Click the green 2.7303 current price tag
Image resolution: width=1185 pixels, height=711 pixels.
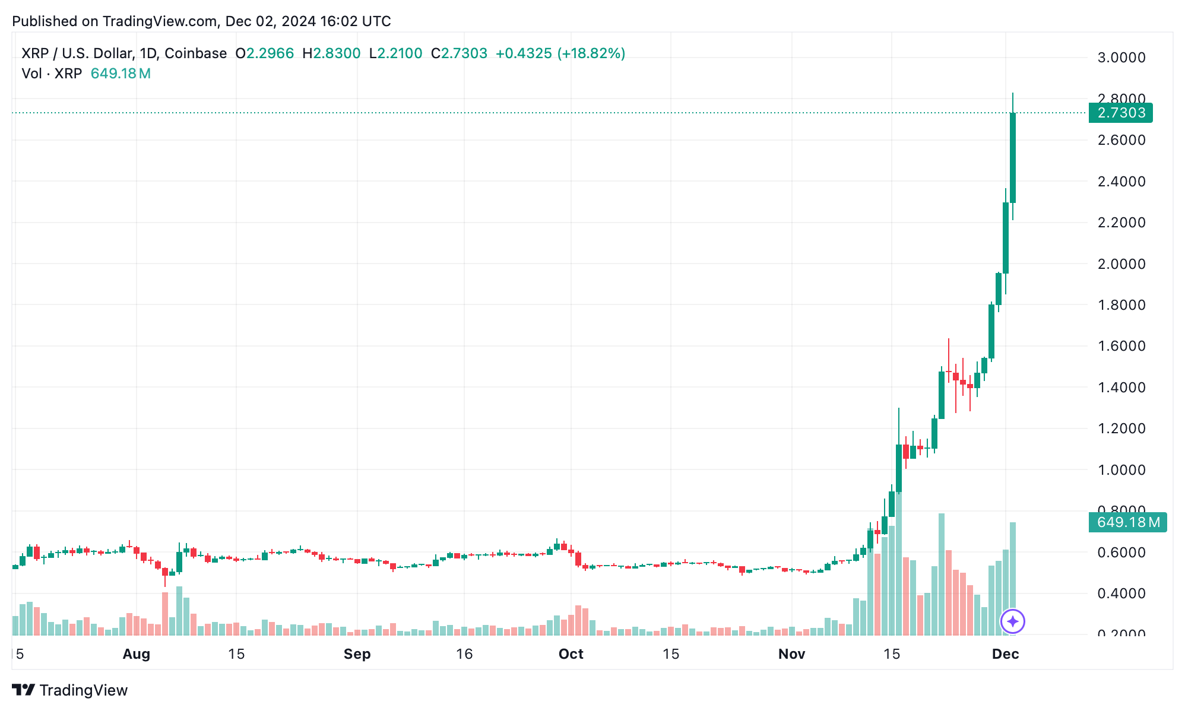coord(1120,113)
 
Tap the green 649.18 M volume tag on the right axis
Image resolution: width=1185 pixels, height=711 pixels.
coord(1127,522)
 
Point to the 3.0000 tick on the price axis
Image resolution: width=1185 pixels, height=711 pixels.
coord(1121,58)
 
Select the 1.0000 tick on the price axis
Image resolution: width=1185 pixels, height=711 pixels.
coord(1121,469)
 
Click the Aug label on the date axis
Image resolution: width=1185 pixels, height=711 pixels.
coord(136,654)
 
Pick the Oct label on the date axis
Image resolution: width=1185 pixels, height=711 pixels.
coord(571,654)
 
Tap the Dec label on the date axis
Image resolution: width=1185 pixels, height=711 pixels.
coord(1005,654)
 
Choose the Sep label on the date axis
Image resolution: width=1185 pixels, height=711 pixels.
coord(357,654)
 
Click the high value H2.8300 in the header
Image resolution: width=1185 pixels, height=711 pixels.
coord(331,53)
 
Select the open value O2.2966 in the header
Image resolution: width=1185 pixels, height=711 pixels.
coord(264,53)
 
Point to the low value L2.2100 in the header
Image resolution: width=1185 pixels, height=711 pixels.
coord(395,53)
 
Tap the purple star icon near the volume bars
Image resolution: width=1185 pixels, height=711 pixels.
coord(1012,621)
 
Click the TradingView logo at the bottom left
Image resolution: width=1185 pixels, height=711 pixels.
coord(70,690)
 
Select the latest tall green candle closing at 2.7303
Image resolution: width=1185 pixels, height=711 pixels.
coord(1012,157)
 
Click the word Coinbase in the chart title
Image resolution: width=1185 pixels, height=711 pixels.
coord(195,53)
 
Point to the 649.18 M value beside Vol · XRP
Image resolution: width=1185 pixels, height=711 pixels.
coord(121,74)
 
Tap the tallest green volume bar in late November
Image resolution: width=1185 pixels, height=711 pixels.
coord(941,574)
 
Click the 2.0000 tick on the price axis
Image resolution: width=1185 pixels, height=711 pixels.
coord(1121,264)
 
